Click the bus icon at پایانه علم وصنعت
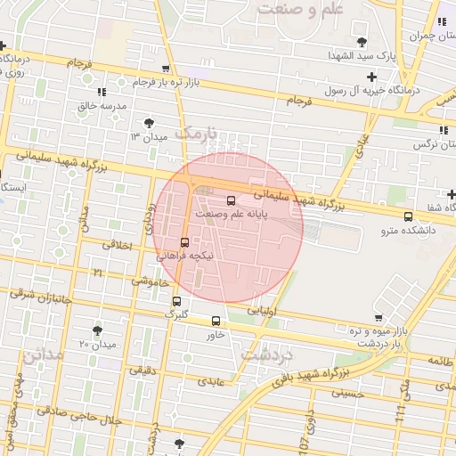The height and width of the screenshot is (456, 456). (232, 200)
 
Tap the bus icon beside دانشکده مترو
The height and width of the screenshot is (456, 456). (408, 216)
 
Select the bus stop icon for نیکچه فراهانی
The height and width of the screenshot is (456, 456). (184, 241)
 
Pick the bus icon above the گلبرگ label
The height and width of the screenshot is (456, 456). (176, 301)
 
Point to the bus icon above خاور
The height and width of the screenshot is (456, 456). (216, 321)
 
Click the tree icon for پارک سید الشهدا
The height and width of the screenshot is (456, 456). (361, 42)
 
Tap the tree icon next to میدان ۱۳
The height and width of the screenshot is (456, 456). (148, 123)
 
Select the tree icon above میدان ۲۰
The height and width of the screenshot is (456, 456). (97, 330)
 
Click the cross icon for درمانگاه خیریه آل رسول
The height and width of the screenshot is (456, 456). (371, 77)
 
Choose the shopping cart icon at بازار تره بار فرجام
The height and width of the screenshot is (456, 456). (166, 69)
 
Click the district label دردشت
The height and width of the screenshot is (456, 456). (267, 354)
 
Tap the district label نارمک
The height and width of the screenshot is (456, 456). (195, 131)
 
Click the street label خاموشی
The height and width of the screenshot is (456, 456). (149, 281)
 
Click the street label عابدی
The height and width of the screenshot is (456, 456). (214, 381)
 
